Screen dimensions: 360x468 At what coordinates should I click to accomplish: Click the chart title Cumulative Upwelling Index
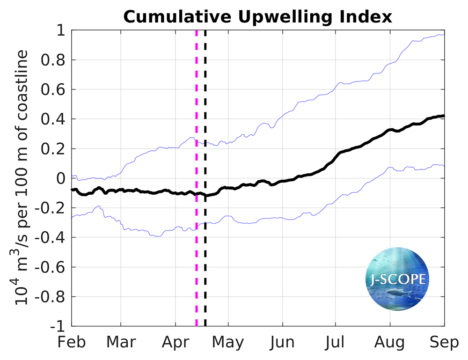pos(257,17)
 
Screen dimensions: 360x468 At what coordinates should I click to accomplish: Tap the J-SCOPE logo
pos(396,279)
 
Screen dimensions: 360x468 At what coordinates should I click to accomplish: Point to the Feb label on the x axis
pos(72,343)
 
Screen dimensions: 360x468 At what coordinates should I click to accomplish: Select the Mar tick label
pos(121,343)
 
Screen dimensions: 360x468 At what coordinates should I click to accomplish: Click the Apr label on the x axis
pos(175,343)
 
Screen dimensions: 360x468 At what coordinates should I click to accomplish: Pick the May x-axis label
pos(228,343)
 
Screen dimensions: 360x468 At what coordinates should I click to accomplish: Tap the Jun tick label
pos(282,343)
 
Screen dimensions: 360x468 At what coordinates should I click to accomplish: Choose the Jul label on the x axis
pos(335,343)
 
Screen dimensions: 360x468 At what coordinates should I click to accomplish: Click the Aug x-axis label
pos(390,343)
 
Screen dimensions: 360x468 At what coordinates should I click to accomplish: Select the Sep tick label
pos(444,343)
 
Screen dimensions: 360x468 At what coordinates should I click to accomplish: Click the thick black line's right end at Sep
pos(443,116)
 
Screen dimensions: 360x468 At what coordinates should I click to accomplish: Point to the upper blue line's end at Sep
pos(443,35)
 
